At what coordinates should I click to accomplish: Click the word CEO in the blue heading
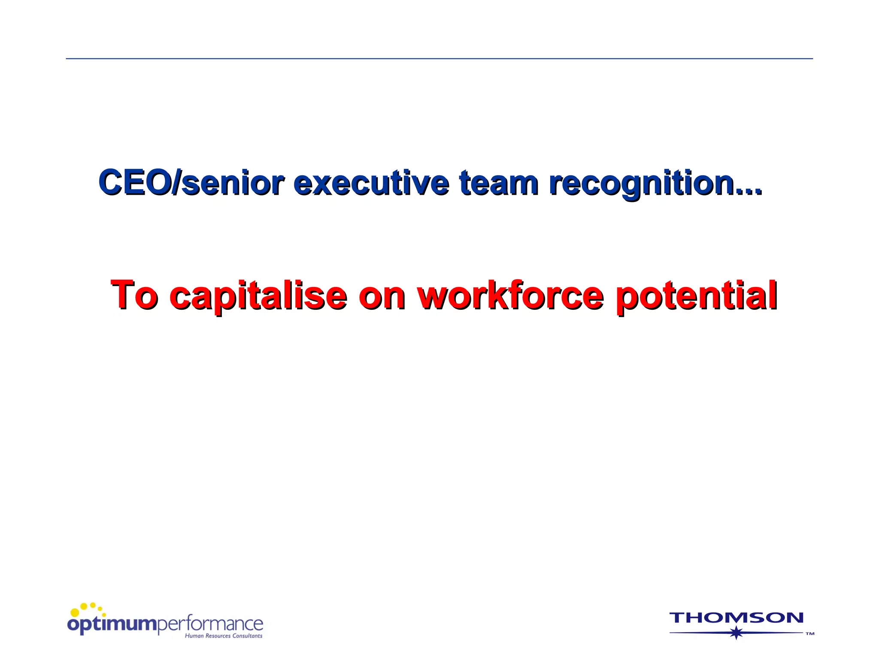coord(134,182)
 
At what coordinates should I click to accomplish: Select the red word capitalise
coord(258,296)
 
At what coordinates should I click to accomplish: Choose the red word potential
coord(696,296)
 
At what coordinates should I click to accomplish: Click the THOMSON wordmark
coord(736,618)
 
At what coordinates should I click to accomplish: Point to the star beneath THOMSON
coord(737,632)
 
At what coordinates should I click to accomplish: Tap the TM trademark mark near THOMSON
coord(810,634)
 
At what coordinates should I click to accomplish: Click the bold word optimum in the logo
coord(113,624)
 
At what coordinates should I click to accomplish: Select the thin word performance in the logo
coord(210,624)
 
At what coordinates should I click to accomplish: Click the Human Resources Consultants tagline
coord(223,636)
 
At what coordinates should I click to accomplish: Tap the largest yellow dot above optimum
coord(75,612)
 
